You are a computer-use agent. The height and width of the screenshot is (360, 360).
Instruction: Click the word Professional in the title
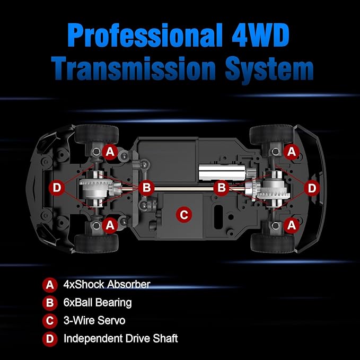click(145, 36)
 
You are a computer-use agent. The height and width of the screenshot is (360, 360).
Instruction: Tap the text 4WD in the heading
click(260, 35)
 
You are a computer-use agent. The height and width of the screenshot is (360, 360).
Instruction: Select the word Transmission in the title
click(133, 68)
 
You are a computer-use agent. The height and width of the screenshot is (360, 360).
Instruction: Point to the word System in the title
click(269, 70)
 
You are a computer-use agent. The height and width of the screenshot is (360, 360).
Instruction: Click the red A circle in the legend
click(50, 285)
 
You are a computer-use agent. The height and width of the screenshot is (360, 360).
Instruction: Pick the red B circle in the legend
click(50, 303)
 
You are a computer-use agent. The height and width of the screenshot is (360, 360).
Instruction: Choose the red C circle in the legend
click(50, 321)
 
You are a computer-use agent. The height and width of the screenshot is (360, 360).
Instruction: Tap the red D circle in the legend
click(50, 339)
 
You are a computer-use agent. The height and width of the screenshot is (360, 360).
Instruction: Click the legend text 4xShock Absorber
click(107, 284)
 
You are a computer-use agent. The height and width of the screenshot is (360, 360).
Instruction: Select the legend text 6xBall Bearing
click(98, 303)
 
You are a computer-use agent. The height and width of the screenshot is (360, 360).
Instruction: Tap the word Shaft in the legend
click(165, 338)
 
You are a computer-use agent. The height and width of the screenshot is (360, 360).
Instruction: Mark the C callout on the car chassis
click(184, 215)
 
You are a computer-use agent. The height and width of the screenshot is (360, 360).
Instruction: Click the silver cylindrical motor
click(222, 172)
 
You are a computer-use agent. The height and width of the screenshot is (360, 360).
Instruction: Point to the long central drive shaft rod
click(183, 189)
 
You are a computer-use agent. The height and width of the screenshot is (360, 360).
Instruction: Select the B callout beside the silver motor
click(221, 187)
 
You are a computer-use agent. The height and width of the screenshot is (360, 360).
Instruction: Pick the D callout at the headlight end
click(57, 188)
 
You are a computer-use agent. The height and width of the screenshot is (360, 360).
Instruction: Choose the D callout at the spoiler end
click(312, 188)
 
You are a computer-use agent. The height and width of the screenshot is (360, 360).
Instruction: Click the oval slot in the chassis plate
click(218, 217)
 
